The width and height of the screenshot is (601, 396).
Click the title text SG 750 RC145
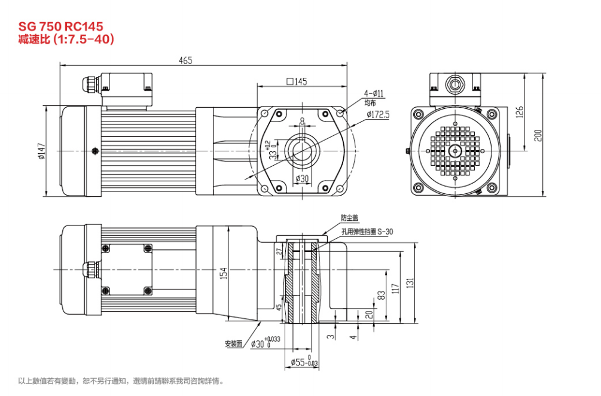[61, 26]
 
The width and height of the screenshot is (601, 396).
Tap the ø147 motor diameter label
[41, 152]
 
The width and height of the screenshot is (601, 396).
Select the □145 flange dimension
[296, 82]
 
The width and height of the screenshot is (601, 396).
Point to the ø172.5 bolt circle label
[378, 114]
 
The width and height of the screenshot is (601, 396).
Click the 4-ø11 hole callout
[374, 93]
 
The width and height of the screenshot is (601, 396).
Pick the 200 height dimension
[538, 135]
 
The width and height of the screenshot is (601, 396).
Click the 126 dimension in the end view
[520, 111]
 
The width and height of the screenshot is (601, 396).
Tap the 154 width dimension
[224, 273]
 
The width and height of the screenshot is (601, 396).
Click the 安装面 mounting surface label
[233, 344]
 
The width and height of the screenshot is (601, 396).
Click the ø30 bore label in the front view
[302, 179]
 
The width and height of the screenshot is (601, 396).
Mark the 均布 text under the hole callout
[370, 103]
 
